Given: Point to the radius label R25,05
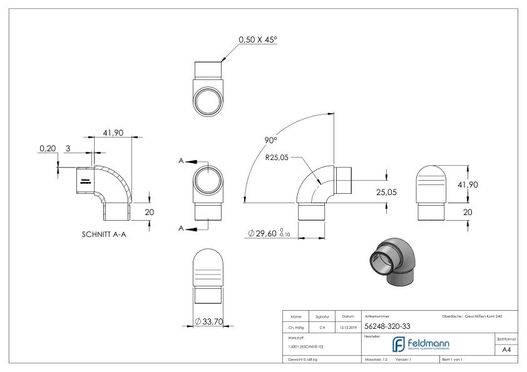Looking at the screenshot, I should click(x=278, y=158).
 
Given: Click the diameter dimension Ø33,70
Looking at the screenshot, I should click(x=210, y=322).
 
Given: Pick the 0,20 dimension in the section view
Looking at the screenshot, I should click(x=47, y=149).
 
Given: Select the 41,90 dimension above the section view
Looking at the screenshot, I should click(x=113, y=133).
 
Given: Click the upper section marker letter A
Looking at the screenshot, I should click(x=182, y=161).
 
